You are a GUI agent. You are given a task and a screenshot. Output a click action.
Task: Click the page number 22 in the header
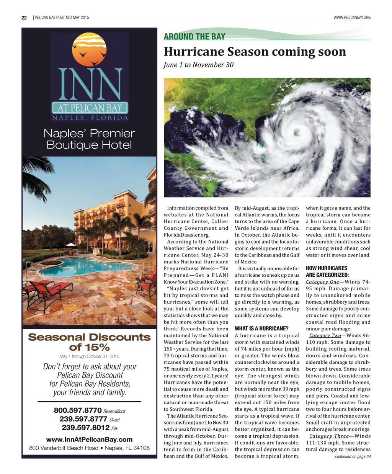[x=24, y=18]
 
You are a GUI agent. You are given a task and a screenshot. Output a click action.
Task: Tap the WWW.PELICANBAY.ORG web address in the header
[x=352, y=18]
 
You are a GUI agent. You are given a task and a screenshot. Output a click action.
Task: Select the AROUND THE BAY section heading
[x=194, y=37]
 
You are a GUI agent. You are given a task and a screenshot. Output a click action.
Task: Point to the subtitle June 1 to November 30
[x=198, y=65]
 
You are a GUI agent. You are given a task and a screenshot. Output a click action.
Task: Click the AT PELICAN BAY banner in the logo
[x=90, y=108]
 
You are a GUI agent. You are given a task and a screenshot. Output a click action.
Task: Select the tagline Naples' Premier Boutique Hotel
[x=89, y=139]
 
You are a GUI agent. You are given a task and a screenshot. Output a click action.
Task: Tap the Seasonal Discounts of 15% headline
[x=90, y=342]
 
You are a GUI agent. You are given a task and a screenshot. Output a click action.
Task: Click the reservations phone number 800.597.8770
[x=78, y=410]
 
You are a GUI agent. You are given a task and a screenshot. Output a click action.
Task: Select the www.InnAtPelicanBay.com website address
[x=89, y=439]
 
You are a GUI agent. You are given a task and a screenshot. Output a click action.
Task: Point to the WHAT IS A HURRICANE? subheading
[x=261, y=329]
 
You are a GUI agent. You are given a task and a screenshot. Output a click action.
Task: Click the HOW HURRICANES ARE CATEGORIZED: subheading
[x=327, y=271]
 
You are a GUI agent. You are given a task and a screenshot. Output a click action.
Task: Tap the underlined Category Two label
[x=325, y=335]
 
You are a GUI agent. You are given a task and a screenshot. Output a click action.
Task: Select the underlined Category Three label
[x=329, y=436]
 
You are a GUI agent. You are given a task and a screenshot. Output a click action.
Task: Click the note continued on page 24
[x=353, y=456]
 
